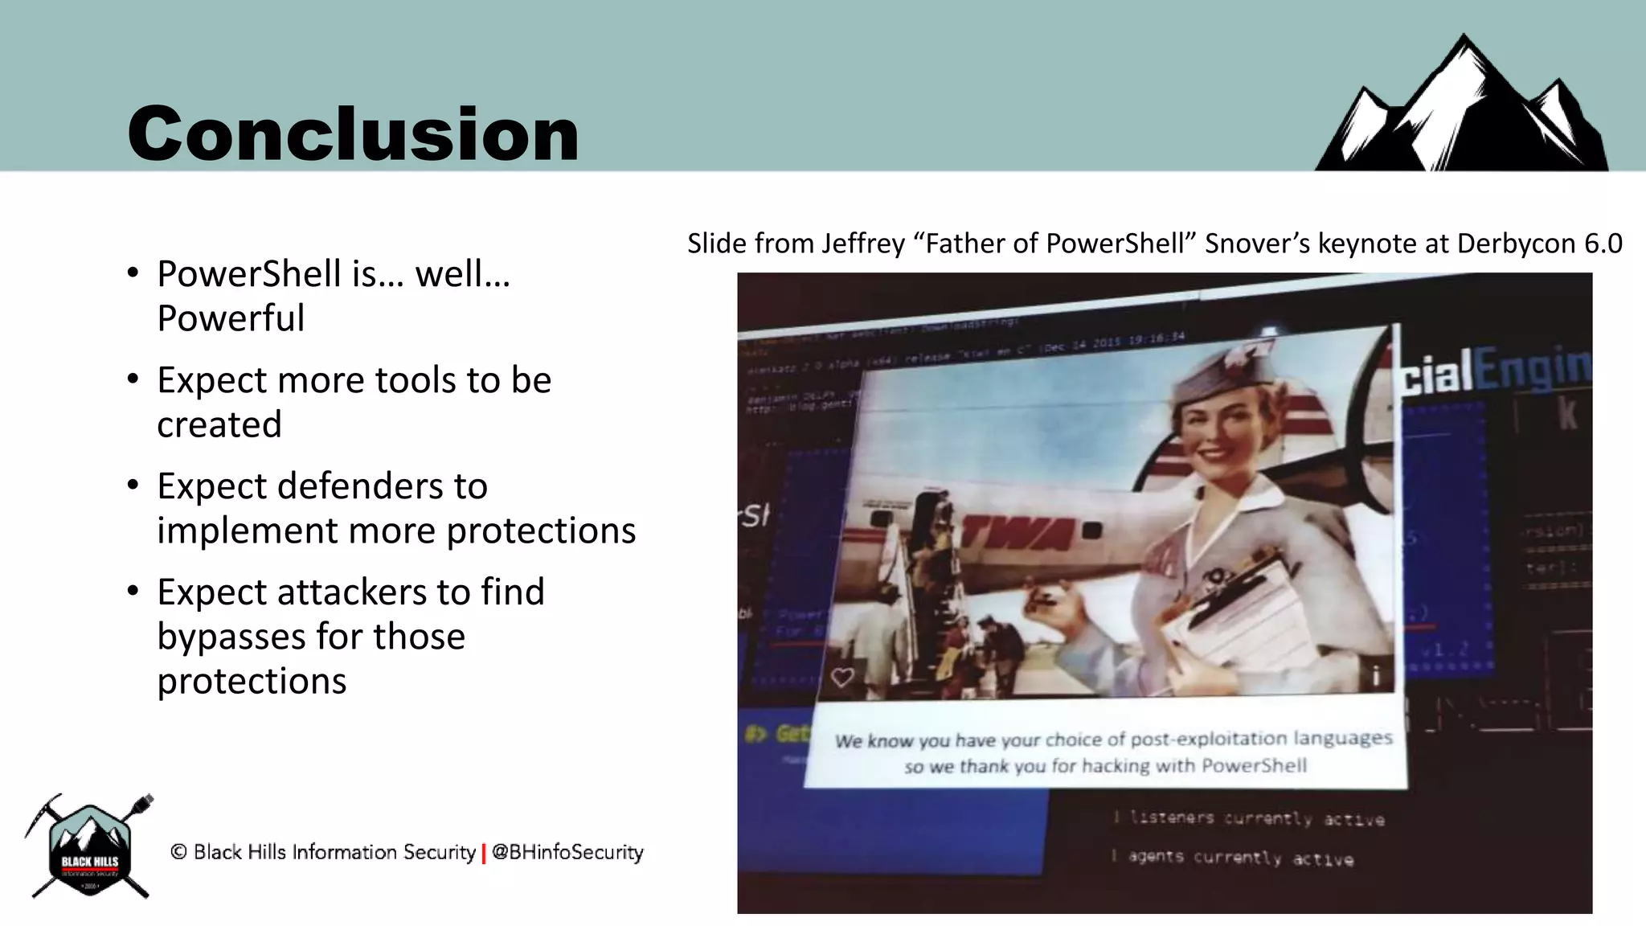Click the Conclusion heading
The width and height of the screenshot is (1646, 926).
[353, 133]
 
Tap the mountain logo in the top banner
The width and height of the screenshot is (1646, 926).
[1463, 109]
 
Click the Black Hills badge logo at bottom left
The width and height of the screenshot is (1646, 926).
[89, 849]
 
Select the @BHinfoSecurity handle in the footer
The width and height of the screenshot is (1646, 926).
[567, 852]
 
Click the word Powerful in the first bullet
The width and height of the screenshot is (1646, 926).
[231, 318]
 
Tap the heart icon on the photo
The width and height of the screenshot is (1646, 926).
[842, 678]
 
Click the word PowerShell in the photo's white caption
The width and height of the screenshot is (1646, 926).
[1254, 765]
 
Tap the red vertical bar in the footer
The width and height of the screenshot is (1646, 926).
[484, 853]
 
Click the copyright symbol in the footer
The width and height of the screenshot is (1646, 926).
[178, 852]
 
